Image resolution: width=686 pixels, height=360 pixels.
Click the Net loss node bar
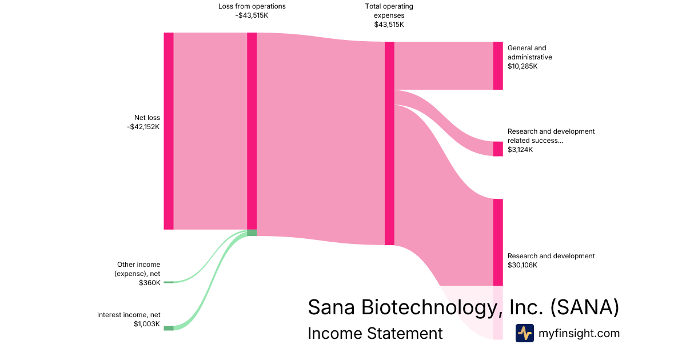coord(168,131)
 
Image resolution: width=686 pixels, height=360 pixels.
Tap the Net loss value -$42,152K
coord(143,127)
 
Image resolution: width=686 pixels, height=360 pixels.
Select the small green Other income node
coord(168,282)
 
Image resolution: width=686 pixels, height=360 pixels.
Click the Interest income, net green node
coord(168,328)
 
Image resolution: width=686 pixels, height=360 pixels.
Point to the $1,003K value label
coord(147,324)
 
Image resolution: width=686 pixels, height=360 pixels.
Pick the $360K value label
coord(149,283)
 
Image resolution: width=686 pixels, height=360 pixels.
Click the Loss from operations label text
coord(252,6)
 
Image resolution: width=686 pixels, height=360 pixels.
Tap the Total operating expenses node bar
coord(389,143)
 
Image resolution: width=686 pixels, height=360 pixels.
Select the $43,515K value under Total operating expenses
coord(389,25)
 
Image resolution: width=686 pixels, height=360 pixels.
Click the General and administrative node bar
coord(498,66)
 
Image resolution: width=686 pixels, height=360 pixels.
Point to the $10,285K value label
coord(523,66)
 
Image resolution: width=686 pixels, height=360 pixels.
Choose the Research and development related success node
coord(498,149)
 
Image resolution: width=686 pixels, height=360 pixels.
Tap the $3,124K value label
coord(520,150)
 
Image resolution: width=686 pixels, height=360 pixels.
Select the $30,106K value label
coord(523,265)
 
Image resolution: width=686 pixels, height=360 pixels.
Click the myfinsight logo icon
coord(524,333)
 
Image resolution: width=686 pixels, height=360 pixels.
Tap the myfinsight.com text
coord(579,333)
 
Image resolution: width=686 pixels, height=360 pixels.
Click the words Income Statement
coord(375,333)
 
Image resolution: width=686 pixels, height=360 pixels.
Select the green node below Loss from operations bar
coord(252,233)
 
